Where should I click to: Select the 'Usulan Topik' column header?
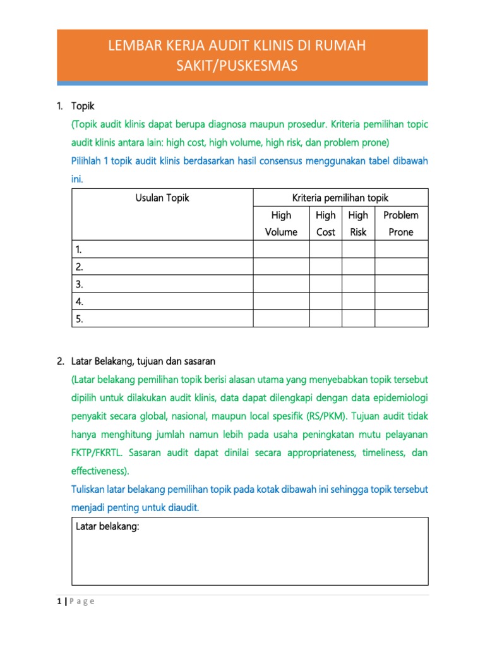(162, 198)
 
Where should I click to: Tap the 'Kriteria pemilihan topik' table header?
(340, 198)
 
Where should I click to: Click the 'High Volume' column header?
(281, 224)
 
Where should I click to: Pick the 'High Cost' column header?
(325, 224)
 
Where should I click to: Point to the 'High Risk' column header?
(358, 224)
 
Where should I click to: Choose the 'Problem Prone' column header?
(401, 224)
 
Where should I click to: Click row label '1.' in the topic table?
(80, 250)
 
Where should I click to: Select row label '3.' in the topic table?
(80, 284)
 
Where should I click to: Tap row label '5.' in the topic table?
(80, 318)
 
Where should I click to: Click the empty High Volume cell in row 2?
(281, 267)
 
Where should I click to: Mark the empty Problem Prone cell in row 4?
(401, 301)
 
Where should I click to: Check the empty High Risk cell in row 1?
(358, 250)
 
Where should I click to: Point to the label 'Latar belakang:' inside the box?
(107, 527)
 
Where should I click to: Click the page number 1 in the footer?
(59, 601)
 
